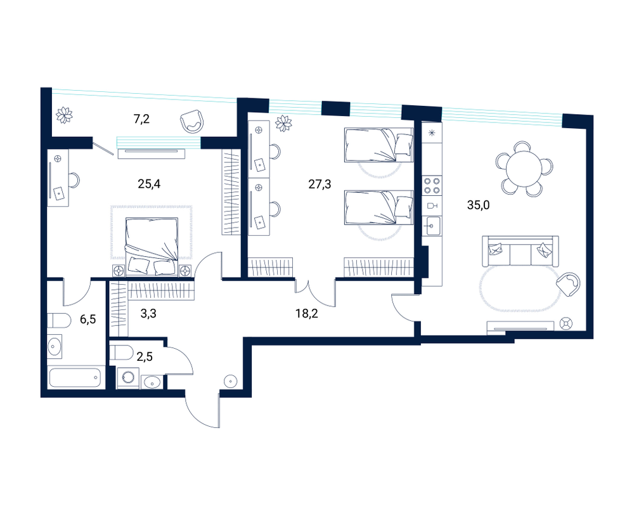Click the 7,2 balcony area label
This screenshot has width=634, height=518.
point(141,119)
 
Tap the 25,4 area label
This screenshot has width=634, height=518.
point(149,184)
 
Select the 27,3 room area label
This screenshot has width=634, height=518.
point(320,185)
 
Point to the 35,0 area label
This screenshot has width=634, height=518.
point(478,205)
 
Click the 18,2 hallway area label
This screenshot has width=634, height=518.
point(306,313)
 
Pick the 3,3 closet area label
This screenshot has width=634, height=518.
point(148,313)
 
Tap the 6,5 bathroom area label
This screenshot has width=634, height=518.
point(87,319)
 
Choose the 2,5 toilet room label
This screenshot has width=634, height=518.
point(145,357)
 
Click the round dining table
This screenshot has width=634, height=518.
point(524,168)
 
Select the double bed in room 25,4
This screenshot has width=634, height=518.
point(152,247)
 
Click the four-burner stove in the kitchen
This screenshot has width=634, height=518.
point(432,186)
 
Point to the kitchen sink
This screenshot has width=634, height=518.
point(432,226)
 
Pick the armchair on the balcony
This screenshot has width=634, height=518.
point(191,122)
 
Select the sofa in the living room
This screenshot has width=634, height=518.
point(521,252)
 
